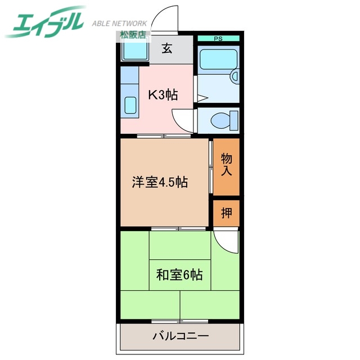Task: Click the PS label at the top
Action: pyautogui.click(x=218, y=38)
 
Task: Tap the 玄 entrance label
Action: pyautogui.click(x=167, y=49)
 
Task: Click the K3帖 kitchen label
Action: pyautogui.click(x=163, y=94)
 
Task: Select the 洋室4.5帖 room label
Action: pyautogui.click(x=160, y=182)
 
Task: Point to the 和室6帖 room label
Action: pyautogui.click(x=179, y=275)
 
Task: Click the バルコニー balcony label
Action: pyautogui.click(x=180, y=336)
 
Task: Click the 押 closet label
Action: pyautogui.click(x=226, y=213)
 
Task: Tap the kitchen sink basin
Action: pyautogui.click(x=130, y=106)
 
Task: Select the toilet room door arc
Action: pyautogui.click(x=183, y=121)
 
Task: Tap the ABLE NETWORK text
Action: pyautogui.click(x=119, y=24)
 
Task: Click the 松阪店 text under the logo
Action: pyautogui.click(x=131, y=34)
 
